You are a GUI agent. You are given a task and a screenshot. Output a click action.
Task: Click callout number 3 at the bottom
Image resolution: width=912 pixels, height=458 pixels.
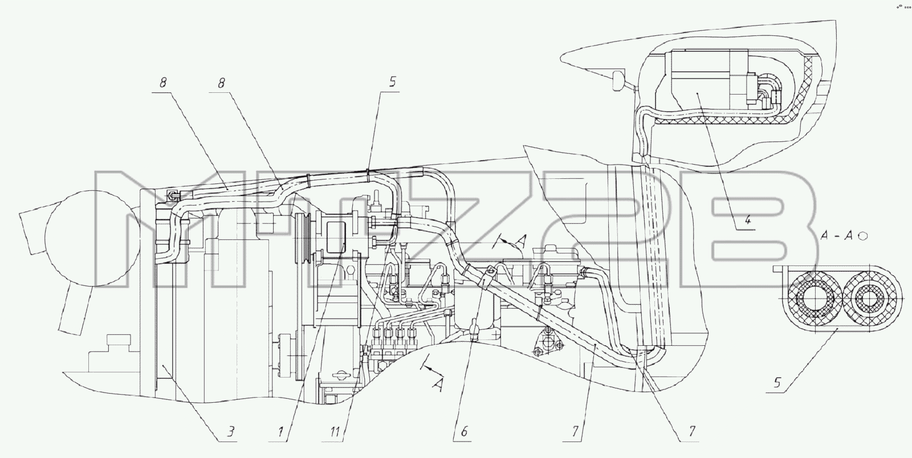coord(230,432)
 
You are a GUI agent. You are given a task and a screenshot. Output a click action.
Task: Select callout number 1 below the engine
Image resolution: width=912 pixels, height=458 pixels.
coord(280,432)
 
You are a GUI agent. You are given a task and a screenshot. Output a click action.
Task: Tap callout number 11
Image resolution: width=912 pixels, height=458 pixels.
coord(335,432)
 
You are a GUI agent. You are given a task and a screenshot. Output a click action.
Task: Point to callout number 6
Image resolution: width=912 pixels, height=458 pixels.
coord(464,432)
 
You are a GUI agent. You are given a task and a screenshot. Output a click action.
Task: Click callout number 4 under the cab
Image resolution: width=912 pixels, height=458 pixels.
coord(747,220)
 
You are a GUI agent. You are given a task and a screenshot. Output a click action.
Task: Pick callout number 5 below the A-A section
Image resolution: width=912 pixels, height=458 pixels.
coord(777,383)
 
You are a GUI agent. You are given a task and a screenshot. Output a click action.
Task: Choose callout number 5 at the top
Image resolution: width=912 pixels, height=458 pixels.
coord(392,82)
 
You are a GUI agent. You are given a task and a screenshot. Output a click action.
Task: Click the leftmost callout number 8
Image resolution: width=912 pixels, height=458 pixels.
coord(163,83)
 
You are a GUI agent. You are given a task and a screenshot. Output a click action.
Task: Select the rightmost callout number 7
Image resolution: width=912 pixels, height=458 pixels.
coord(692,432)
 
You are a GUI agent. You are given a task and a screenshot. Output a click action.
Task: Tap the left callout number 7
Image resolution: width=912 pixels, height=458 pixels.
coord(575,432)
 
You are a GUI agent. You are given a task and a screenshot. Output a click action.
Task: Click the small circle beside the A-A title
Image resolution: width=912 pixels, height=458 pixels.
coord(863,236)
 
